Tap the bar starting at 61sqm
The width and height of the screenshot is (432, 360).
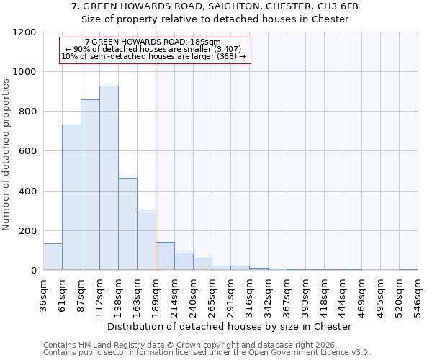pyautogui.click(x=71, y=197)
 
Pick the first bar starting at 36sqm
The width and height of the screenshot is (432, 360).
pyautogui.click(x=53, y=257)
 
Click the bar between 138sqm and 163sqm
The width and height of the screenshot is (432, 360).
pyautogui.click(x=127, y=224)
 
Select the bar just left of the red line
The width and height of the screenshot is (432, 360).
pyautogui.click(x=146, y=240)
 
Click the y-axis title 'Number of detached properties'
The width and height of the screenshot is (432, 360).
pyautogui.click(x=6, y=155)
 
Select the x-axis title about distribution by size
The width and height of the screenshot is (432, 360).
pyautogui.click(x=230, y=326)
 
